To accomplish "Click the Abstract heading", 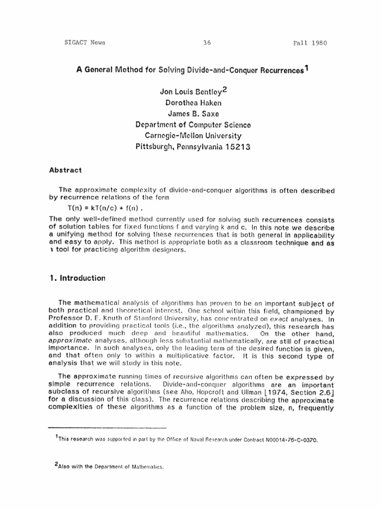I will point(65,169).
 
